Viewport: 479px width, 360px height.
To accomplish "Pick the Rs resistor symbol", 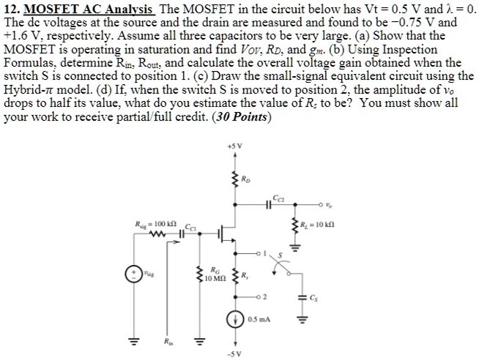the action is pos(237,278).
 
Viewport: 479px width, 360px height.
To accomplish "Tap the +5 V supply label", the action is pos(234,154).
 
